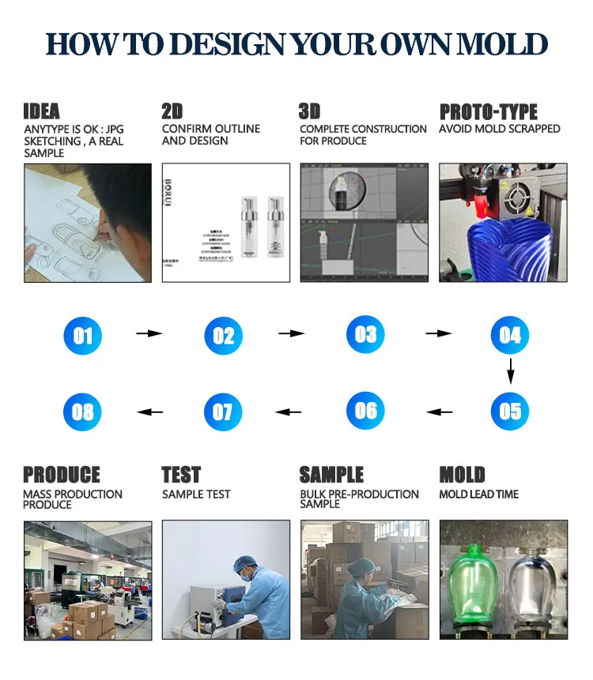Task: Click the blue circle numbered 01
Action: point(83,336)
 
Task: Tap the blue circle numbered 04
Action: point(510,335)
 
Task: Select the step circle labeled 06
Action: point(366,410)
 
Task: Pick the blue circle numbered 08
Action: point(83,411)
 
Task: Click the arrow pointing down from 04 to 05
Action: point(511,370)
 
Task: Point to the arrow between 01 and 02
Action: point(149,334)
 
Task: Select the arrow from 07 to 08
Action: point(150,411)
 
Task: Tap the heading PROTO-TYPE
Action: point(488,112)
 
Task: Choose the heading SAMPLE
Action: point(331,475)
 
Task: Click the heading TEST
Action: point(181,475)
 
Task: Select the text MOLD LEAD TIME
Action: point(479,494)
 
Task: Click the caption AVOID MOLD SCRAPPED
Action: point(499,129)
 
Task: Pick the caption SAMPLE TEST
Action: point(196,494)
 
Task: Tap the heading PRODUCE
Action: point(62,475)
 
